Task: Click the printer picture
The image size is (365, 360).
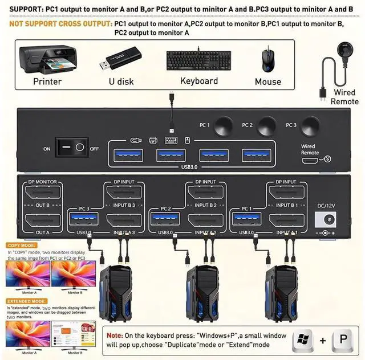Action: point(47,59)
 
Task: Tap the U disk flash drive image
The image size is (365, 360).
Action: point(121,61)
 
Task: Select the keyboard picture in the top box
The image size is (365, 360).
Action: point(198,60)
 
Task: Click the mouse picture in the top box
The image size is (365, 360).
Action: point(267,59)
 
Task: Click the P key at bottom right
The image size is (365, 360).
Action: point(343,339)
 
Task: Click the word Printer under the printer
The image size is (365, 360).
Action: point(47,82)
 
